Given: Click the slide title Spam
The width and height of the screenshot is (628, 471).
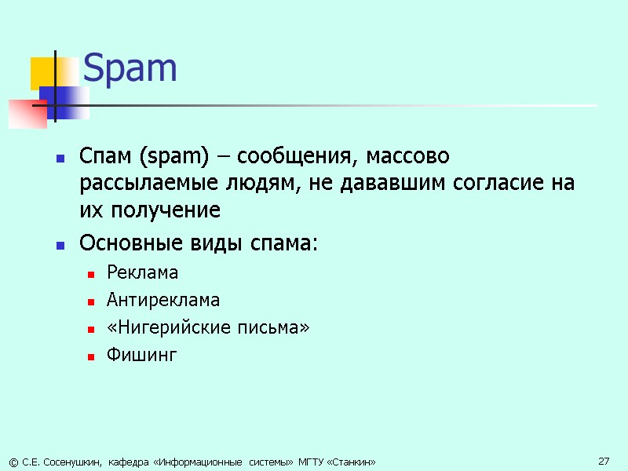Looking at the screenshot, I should [130, 69].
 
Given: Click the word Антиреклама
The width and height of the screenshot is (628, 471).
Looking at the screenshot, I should [152, 300].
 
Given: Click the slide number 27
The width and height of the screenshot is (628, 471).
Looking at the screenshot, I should [604, 461].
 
